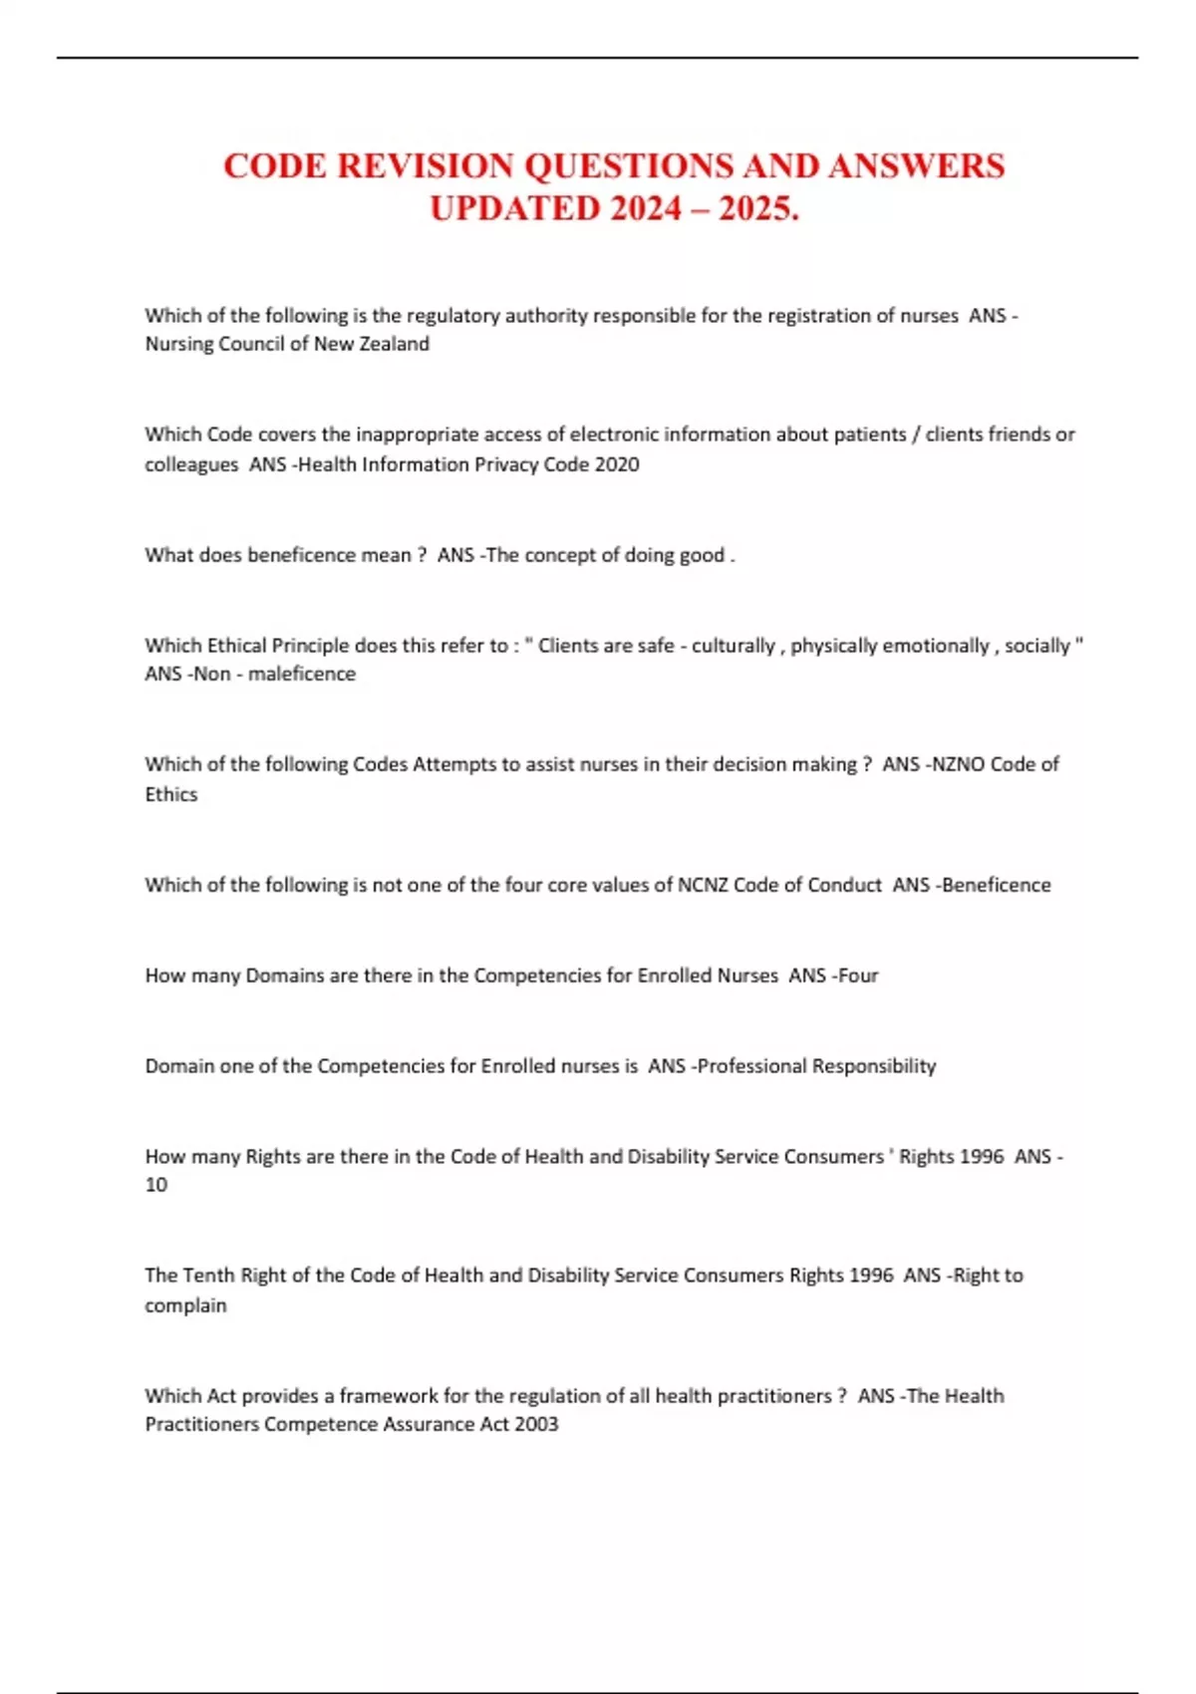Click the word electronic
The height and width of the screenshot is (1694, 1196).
pos(614,434)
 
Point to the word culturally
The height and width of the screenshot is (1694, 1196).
pos(733,646)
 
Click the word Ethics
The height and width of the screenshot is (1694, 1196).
pos(171,794)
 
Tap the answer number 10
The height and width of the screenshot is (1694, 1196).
pos(156,1185)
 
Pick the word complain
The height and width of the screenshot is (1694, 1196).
pos(185,1305)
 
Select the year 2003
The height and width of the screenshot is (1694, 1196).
pos(536,1424)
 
